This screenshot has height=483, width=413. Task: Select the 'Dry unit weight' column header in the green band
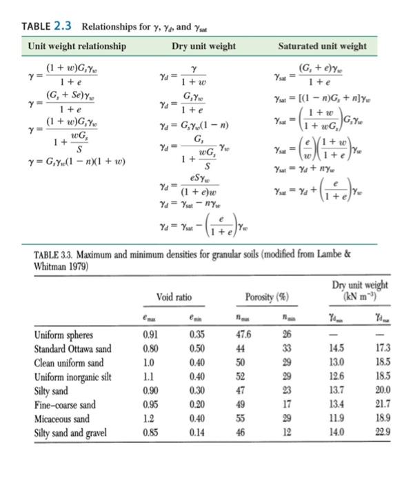203,46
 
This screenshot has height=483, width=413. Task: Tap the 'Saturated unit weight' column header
322,46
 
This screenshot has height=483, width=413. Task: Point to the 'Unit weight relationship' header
77,46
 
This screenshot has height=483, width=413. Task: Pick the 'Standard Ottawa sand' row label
72,348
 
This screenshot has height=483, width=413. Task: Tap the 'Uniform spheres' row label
63,336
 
